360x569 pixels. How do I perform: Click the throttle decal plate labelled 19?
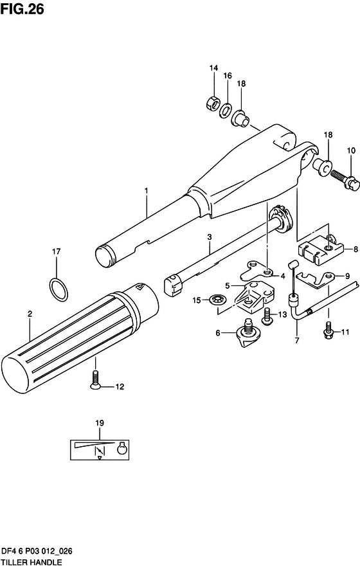99,448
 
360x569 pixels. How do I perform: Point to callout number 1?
146,191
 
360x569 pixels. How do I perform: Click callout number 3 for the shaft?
208,237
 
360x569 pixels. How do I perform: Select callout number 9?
347,276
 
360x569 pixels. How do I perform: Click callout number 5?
227,285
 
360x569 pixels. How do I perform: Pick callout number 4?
282,276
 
